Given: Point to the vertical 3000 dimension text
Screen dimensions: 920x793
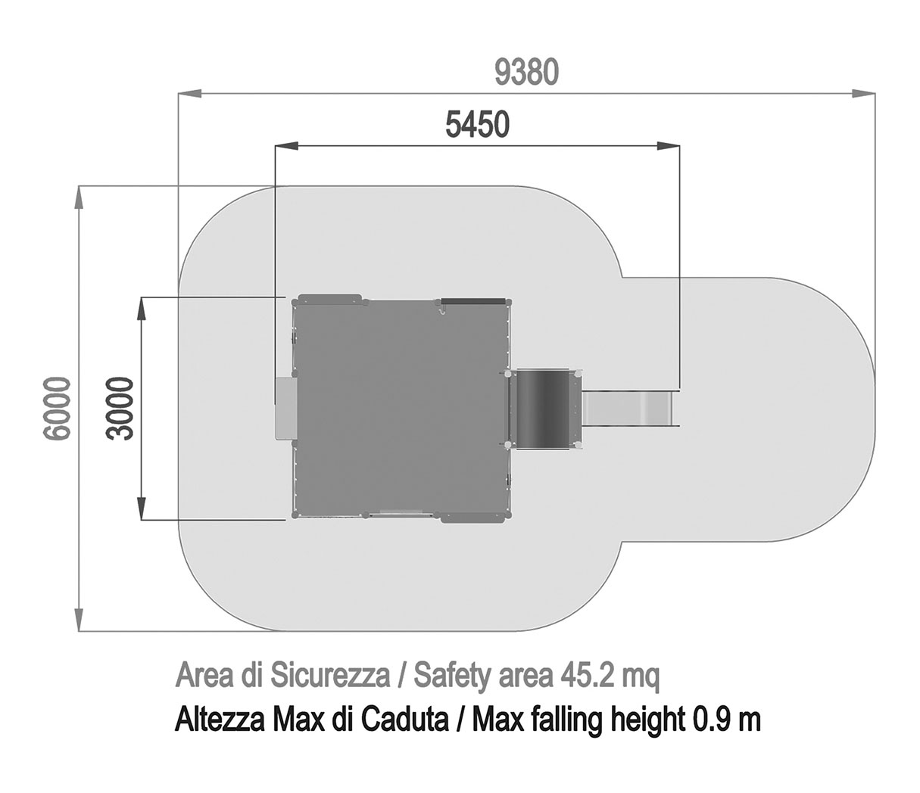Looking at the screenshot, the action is click(x=120, y=409).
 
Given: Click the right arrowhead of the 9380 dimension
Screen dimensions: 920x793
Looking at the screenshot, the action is click(x=863, y=93).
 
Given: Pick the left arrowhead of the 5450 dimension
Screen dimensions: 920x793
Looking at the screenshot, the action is click(x=287, y=145).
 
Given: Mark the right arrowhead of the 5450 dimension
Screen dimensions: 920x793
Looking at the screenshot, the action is click(x=669, y=145).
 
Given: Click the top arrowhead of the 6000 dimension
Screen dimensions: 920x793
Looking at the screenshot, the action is click(x=80, y=197).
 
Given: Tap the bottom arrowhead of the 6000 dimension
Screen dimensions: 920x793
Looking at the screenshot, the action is click(x=80, y=619).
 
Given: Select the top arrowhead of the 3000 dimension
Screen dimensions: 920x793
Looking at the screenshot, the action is click(x=142, y=308).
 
